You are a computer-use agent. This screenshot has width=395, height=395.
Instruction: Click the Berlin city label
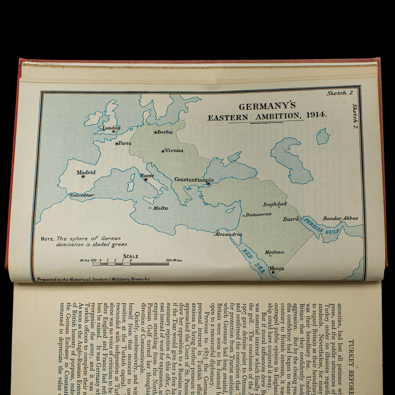pos(165,132)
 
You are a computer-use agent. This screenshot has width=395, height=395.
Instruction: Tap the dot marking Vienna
pos(163,151)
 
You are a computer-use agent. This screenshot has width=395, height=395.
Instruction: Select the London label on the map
pos(111,128)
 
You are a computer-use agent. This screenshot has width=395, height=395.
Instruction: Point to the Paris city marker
pos(117,143)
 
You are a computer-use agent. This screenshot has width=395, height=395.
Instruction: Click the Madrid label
pos(86,172)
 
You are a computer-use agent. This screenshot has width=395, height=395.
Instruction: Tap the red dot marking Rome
pos(146,179)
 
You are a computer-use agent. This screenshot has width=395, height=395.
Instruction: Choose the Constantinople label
pos(194,179)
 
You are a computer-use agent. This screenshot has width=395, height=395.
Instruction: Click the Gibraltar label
pos(82,195)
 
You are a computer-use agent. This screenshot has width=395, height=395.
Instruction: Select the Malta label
pos(160,208)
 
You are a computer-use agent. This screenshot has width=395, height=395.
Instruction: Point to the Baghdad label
pos(275,204)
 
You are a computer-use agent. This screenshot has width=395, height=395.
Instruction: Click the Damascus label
pos(258,214)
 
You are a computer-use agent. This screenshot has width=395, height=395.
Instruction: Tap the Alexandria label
pos(228,234)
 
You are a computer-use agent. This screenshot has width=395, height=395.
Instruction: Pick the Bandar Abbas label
pos(340,218)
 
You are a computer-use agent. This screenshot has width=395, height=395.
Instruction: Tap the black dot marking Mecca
pos(273,272)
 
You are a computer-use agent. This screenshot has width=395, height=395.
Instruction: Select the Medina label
pos(274,252)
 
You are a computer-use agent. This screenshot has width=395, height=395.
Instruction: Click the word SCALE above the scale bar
pos(130,256)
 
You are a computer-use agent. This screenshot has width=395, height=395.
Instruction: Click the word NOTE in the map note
pos(48,239)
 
